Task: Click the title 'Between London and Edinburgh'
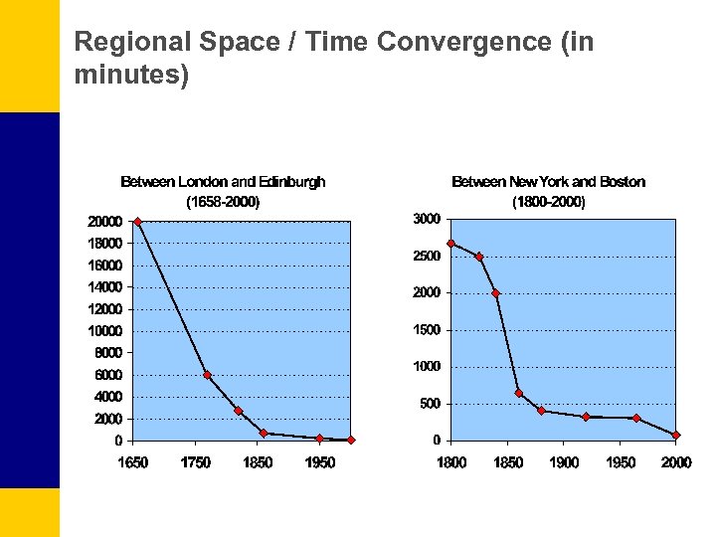pyautogui.click(x=223, y=182)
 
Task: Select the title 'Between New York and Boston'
pyautogui.click(x=548, y=182)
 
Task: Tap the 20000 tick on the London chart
pyautogui.click(x=104, y=222)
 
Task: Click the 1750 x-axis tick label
pyautogui.click(x=196, y=462)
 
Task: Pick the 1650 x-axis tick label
pyautogui.click(x=132, y=462)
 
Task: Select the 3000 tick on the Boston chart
pyautogui.click(x=427, y=219)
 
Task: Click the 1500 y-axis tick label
pyautogui.click(x=427, y=330)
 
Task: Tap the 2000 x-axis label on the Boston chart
pyautogui.click(x=677, y=462)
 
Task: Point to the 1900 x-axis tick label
pyautogui.click(x=564, y=462)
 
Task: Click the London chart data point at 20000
pyautogui.click(x=137, y=221)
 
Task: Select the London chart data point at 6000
pyautogui.click(x=207, y=375)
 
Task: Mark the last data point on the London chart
pyautogui.click(x=351, y=440)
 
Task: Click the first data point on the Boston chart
pyautogui.click(x=450, y=243)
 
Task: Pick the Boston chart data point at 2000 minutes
pyautogui.click(x=495, y=292)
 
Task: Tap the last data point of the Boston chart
pyautogui.click(x=676, y=435)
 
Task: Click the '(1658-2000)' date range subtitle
pyautogui.click(x=223, y=202)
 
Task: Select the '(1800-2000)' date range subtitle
pyautogui.click(x=548, y=202)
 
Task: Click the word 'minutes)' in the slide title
pyautogui.click(x=131, y=75)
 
